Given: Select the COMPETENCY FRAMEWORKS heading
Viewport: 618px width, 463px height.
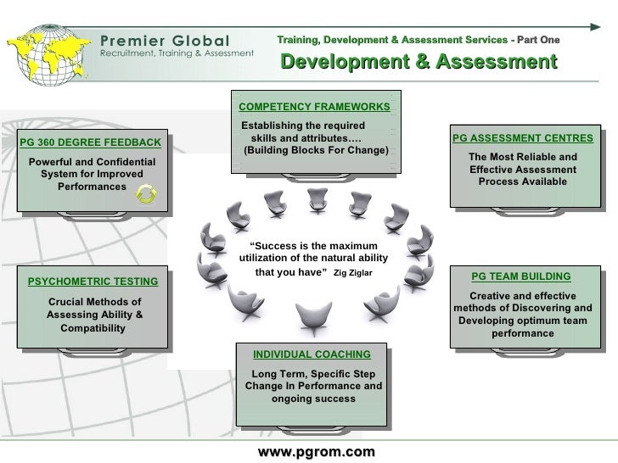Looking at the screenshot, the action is click(x=314, y=108).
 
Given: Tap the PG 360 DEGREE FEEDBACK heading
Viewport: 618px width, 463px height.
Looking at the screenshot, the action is click(x=90, y=141).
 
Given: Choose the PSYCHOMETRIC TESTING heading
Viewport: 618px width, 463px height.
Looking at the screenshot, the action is click(x=93, y=282).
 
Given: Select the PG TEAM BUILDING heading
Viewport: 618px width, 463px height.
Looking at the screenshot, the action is click(x=521, y=276).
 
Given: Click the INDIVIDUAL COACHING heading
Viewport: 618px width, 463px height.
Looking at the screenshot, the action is click(x=312, y=354).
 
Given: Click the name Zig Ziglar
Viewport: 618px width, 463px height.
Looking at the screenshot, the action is click(x=352, y=274).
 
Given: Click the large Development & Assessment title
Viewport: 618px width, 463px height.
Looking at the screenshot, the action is click(x=419, y=62).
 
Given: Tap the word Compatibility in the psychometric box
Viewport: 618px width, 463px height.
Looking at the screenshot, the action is click(x=93, y=328).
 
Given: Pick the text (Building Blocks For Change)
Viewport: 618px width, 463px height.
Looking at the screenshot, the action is click(x=316, y=151).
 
